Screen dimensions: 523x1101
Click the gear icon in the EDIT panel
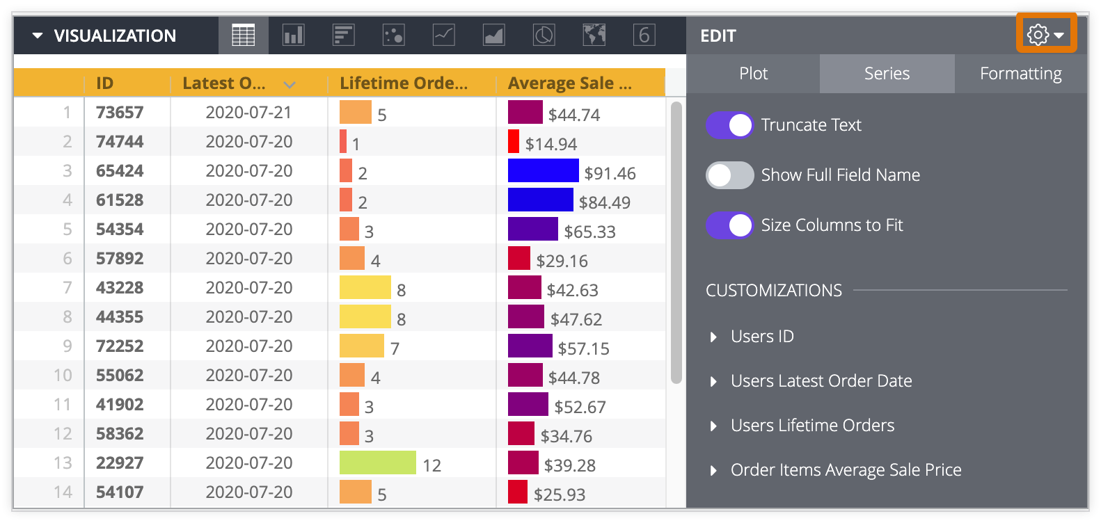tap(1038, 35)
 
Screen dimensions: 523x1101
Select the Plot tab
tap(753, 74)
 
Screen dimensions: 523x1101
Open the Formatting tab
tap(1020, 74)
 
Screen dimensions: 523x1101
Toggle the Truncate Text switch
tap(729, 125)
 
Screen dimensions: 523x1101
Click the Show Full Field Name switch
tap(729, 175)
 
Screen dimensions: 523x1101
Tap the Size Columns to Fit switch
tap(729, 225)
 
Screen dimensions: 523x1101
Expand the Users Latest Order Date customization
tap(821, 381)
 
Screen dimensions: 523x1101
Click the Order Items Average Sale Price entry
tap(846, 470)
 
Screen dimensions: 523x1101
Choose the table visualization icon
tap(243, 35)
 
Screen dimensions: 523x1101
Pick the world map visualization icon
tap(594, 35)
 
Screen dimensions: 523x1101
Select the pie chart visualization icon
tap(544, 35)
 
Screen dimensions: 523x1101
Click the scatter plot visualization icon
tap(393, 35)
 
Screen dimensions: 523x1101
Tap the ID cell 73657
tap(120, 113)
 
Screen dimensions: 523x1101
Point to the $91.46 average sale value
tap(610, 173)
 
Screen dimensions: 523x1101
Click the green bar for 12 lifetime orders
tap(377, 462)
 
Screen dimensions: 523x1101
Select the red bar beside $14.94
tap(514, 141)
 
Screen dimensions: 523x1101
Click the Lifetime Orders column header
tap(404, 83)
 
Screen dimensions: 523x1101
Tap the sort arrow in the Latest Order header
tap(290, 85)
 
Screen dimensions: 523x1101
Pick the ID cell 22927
tap(120, 463)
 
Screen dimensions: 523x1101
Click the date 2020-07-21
tap(248, 113)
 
